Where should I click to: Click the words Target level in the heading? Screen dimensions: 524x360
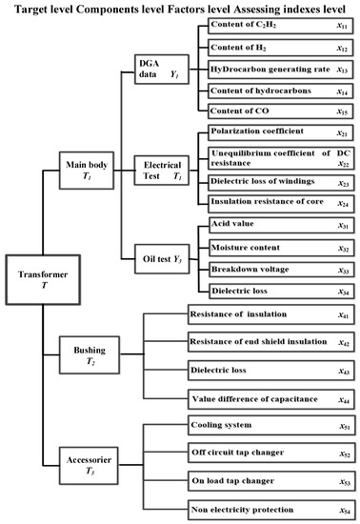(x=37, y=8)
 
